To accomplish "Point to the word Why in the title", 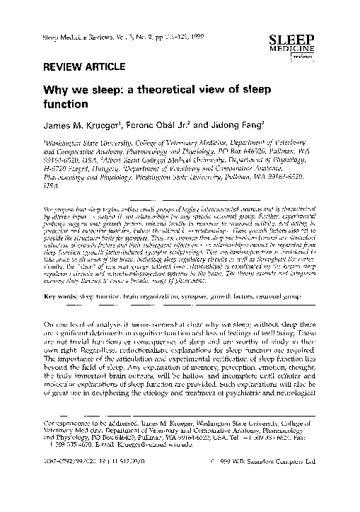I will point(57,91).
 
